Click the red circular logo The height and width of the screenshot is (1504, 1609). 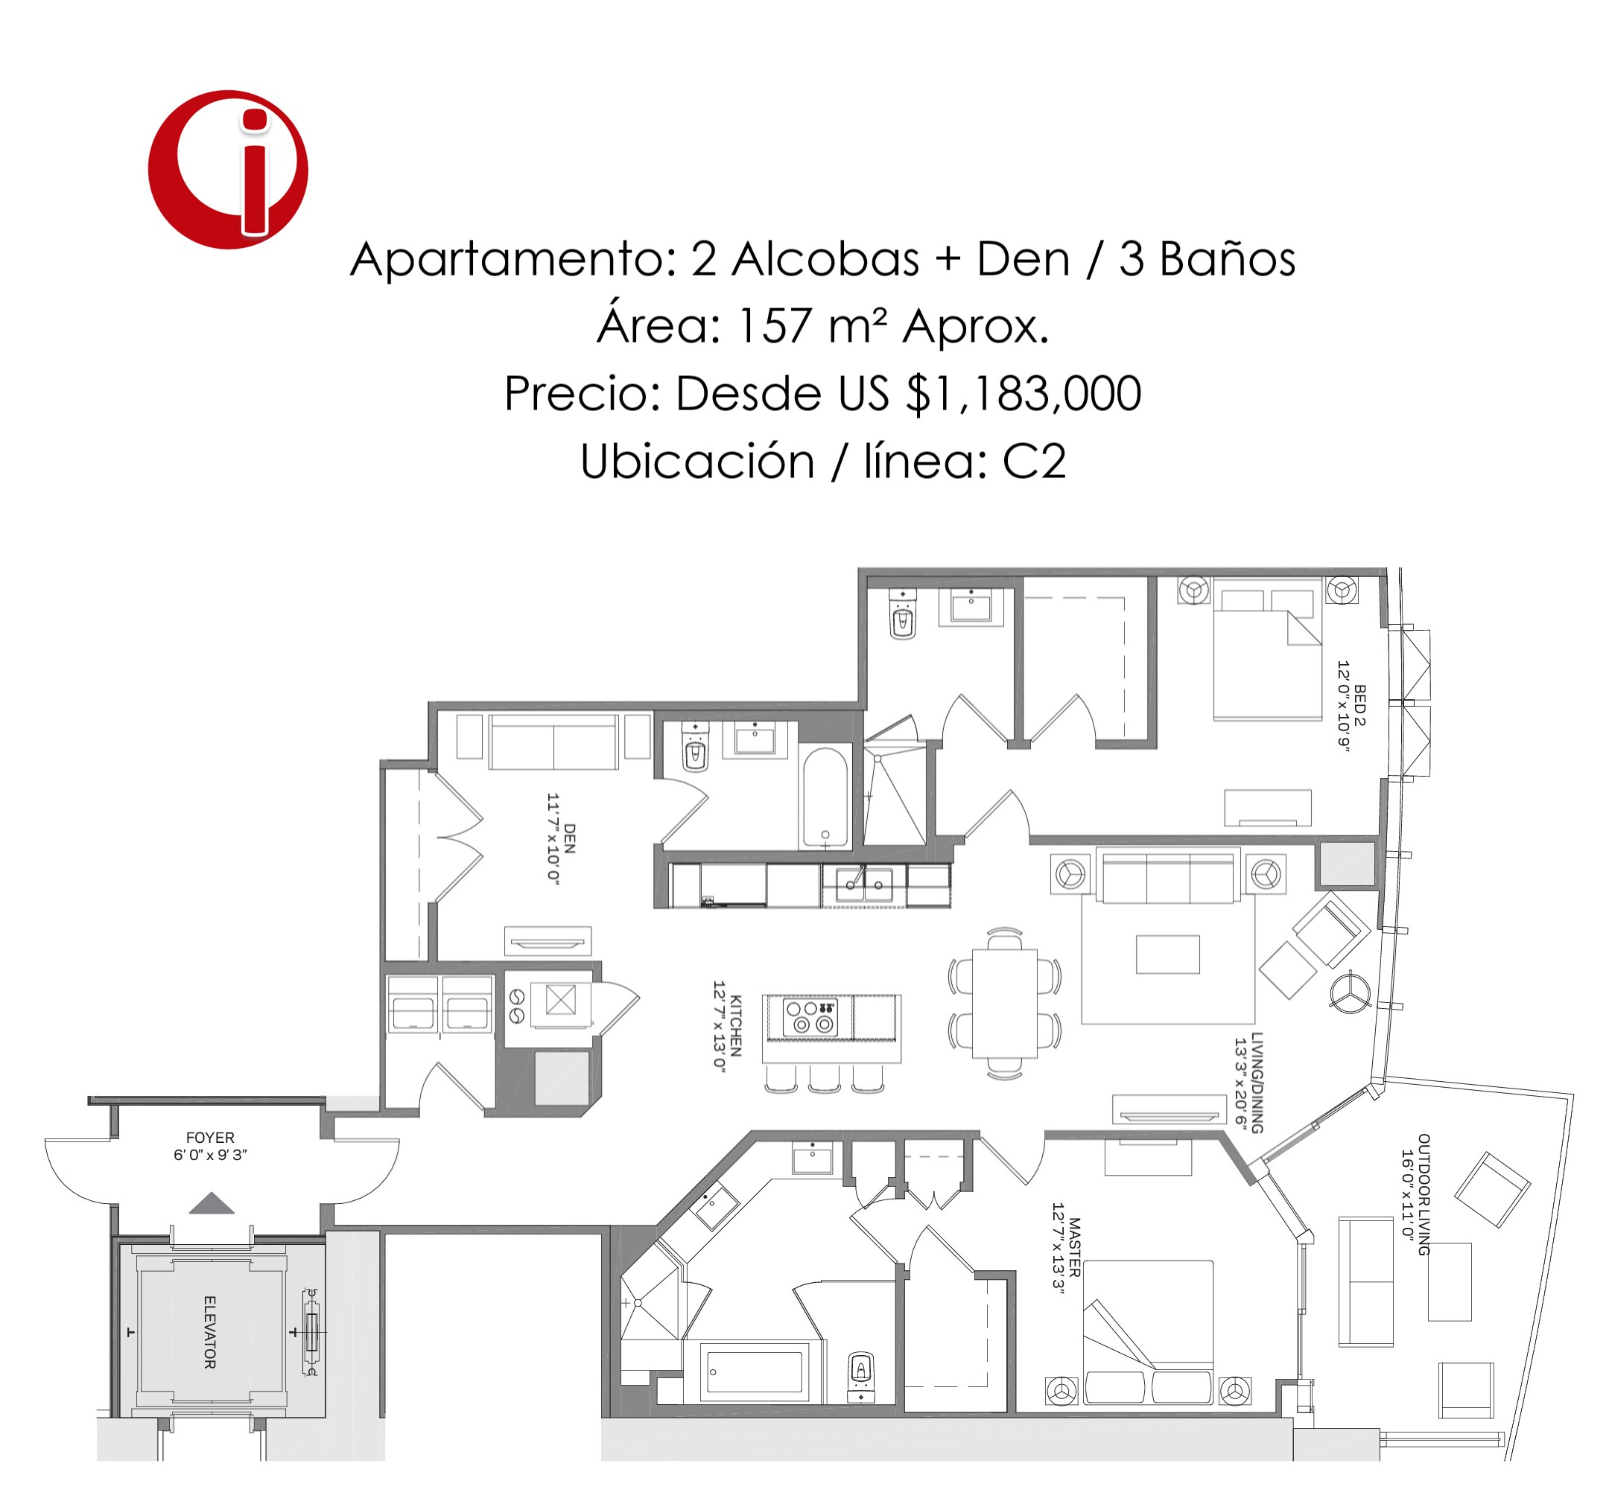click(x=227, y=169)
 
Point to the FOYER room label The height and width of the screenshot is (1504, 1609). click(x=210, y=1138)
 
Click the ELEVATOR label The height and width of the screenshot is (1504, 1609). click(x=209, y=1333)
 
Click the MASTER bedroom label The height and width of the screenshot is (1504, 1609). click(x=1075, y=1246)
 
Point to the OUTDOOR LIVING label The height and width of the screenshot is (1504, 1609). click(x=1424, y=1194)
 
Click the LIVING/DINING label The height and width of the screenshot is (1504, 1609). click(x=1257, y=1083)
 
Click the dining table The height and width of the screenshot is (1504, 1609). click(x=1004, y=1003)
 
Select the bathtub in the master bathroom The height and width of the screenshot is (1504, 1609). click(x=755, y=1371)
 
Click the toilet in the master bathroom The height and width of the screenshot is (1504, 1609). click(x=861, y=1374)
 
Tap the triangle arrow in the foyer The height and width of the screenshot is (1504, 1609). click(x=212, y=1203)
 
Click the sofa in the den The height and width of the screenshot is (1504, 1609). click(x=553, y=741)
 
